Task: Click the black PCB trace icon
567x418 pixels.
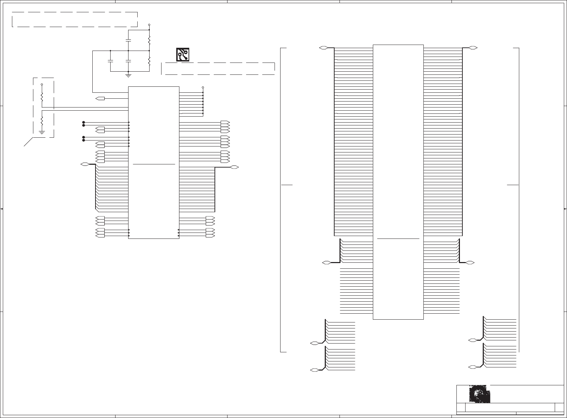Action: click(x=183, y=55)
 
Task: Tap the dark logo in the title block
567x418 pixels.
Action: click(x=479, y=394)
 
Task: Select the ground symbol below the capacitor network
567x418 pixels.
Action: click(x=128, y=74)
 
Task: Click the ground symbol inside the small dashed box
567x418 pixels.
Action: click(x=42, y=132)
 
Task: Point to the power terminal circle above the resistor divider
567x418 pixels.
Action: click(x=149, y=25)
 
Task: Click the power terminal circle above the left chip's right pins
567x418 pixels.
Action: click(x=203, y=87)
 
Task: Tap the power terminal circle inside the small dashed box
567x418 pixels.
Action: click(x=42, y=85)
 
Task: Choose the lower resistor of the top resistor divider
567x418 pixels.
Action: click(x=149, y=61)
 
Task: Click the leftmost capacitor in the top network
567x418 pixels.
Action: click(x=110, y=61)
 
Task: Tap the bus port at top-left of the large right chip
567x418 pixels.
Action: click(x=324, y=47)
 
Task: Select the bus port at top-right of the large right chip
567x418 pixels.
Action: click(x=473, y=47)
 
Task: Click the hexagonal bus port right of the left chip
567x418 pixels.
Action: click(x=235, y=167)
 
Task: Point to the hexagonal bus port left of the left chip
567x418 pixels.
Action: click(x=85, y=164)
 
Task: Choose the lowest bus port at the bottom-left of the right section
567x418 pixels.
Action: click(x=315, y=370)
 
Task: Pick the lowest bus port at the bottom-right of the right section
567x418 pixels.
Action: click(x=473, y=367)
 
